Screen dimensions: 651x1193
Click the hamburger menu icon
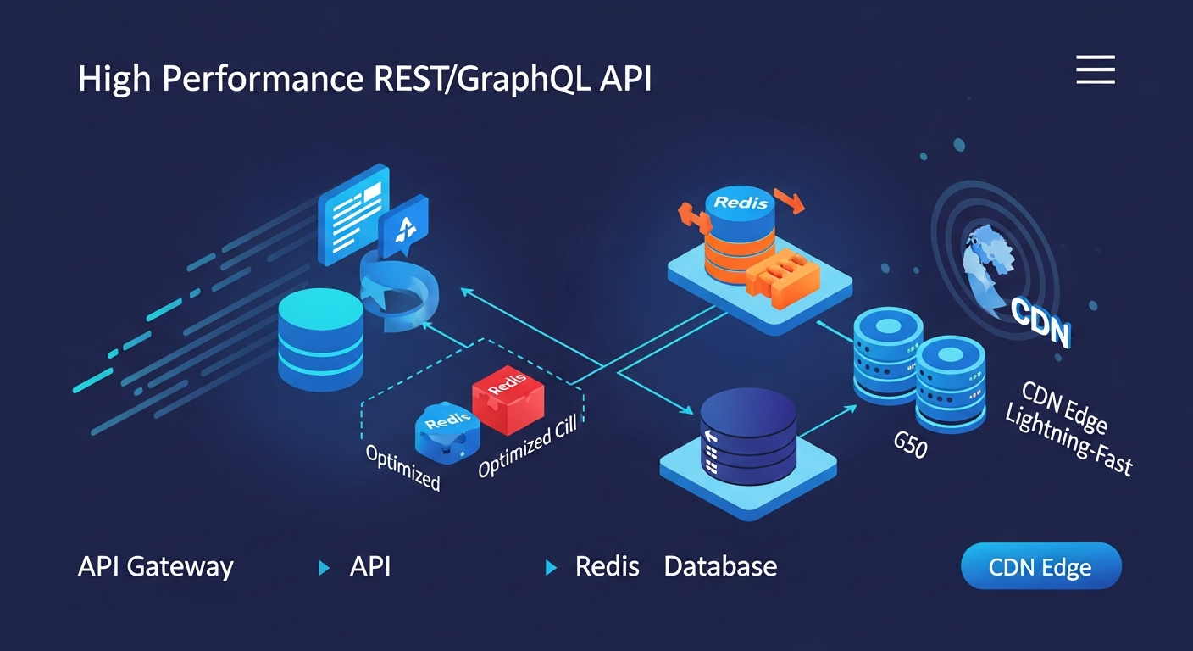click(x=1095, y=70)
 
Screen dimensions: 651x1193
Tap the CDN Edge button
click(x=1040, y=566)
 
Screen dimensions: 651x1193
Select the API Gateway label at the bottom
click(x=155, y=566)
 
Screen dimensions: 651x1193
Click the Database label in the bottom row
click(x=720, y=566)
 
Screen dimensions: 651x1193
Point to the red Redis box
click(x=508, y=396)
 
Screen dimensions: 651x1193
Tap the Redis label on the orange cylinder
click(x=741, y=203)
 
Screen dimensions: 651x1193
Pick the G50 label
click(x=910, y=444)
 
